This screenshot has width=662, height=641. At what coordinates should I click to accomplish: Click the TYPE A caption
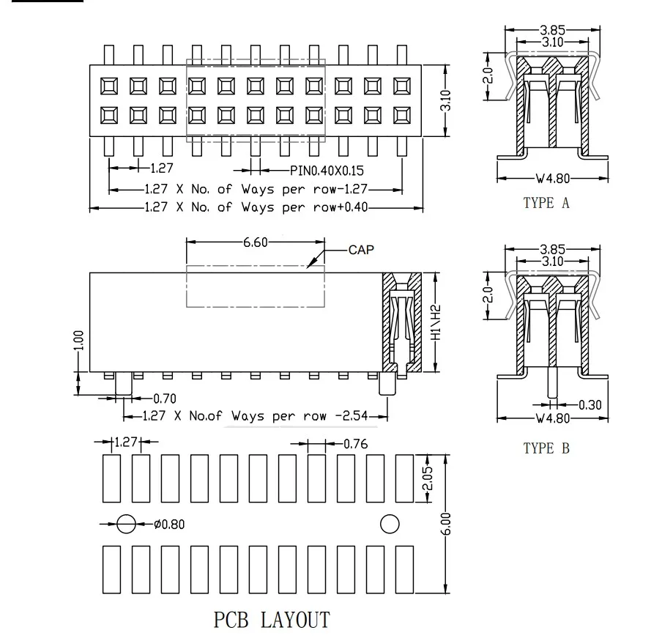(x=546, y=203)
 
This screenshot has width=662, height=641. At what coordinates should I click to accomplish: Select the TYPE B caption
(x=546, y=448)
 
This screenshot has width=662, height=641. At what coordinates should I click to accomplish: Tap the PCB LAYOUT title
(x=272, y=620)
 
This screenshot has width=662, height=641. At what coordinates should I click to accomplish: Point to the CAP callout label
(x=360, y=250)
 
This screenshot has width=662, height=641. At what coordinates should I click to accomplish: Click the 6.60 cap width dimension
(x=256, y=242)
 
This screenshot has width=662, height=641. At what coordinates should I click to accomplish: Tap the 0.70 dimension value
(x=164, y=399)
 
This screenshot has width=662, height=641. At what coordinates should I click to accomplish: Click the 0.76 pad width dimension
(x=355, y=443)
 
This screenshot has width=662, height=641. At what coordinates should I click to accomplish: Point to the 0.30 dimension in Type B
(x=591, y=404)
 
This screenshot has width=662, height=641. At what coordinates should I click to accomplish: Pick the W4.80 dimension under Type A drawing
(x=551, y=177)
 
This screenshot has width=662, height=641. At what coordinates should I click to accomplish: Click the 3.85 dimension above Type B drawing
(x=552, y=250)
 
